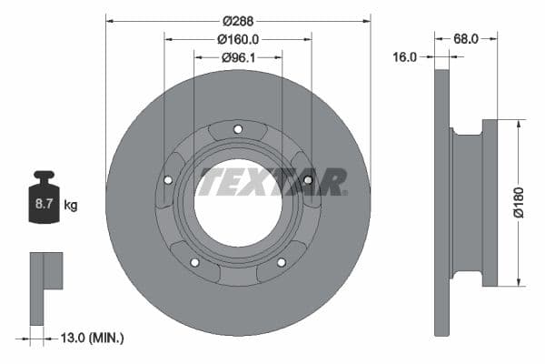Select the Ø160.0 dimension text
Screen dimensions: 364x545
point(238,39)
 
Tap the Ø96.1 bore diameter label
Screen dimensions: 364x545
point(238,57)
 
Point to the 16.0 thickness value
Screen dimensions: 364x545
point(405,56)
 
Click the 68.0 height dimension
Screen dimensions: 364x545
point(467,39)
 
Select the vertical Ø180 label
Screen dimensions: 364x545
point(518,202)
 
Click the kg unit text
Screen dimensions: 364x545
point(70,206)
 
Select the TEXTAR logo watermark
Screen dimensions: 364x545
point(273,181)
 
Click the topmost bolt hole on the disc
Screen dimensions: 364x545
point(238,128)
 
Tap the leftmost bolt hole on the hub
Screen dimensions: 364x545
point(168,179)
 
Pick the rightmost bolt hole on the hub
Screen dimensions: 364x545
point(308,179)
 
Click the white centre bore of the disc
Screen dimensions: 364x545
point(238,202)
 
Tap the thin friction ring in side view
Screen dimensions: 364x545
point(442,202)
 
